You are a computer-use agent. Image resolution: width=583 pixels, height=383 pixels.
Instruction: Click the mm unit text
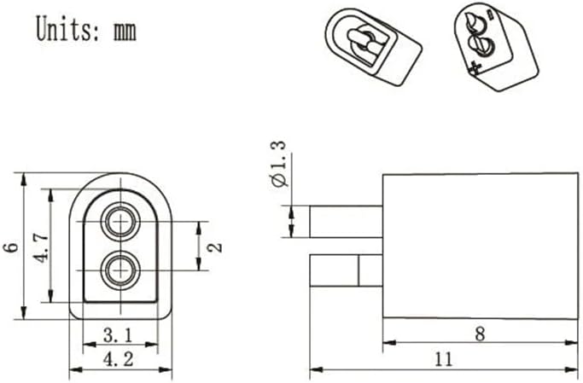125,32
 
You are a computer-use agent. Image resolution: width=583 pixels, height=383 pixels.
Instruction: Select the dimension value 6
12,247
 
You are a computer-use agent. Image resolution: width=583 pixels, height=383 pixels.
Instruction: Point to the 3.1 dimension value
118,336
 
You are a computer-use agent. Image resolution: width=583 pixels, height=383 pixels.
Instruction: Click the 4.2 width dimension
118,359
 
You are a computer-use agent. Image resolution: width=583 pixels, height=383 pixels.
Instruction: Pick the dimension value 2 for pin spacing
215,247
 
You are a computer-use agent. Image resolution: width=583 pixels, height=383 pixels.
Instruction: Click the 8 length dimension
480,334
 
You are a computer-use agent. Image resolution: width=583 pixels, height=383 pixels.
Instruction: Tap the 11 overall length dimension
444,359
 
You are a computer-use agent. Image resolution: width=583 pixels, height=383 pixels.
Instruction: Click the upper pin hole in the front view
121,222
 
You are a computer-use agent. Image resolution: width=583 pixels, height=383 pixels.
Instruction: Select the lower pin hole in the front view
121,270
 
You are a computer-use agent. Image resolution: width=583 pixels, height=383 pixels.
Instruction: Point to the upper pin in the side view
347,222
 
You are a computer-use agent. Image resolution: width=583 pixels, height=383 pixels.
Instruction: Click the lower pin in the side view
347,270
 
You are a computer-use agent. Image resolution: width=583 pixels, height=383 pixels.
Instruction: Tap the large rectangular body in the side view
481,246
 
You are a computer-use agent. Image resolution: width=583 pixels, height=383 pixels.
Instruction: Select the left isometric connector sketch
373,46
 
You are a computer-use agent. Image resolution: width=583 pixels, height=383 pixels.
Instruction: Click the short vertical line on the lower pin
359,270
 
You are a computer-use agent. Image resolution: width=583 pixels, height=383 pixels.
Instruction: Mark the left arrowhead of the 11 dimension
315,369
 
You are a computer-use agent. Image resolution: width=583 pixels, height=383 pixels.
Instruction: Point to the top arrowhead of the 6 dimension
24,179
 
